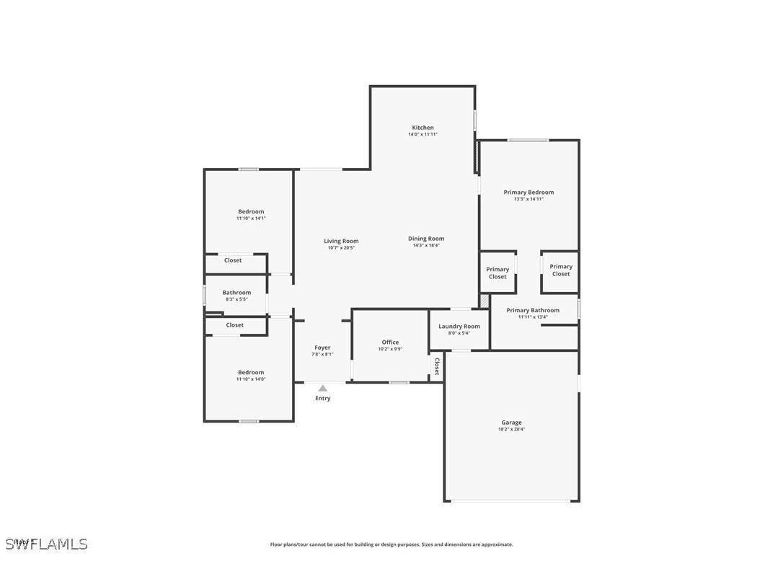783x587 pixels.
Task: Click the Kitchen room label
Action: (x=423, y=128)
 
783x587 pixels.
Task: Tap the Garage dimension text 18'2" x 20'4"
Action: (x=511, y=429)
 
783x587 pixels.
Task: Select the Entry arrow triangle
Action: (x=323, y=389)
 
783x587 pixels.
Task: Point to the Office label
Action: (x=390, y=343)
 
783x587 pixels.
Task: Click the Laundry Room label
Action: (x=459, y=327)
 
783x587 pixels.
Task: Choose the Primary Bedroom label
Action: (x=528, y=193)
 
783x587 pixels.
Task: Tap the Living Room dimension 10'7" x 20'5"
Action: (x=341, y=247)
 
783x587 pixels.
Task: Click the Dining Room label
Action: (x=426, y=239)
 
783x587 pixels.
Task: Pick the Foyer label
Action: (x=322, y=348)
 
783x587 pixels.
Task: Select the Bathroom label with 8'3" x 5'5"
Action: (x=236, y=293)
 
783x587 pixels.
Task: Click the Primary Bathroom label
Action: (x=533, y=311)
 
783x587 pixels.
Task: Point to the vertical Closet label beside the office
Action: (x=436, y=366)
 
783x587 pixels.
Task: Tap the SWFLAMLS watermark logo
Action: (x=46, y=544)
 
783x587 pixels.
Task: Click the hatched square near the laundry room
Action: (x=485, y=300)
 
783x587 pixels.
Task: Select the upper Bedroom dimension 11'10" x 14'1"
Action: (x=251, y=218)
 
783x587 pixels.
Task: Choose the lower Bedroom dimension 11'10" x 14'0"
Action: (x=251, y=379)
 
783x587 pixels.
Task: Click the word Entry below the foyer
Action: (x=323, y=399)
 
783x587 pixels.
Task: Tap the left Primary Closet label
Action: (x=497, y=273)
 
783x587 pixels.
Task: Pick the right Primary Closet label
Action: (x=561, y=270)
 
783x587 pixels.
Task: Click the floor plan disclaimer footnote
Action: (x=391, y=544)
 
